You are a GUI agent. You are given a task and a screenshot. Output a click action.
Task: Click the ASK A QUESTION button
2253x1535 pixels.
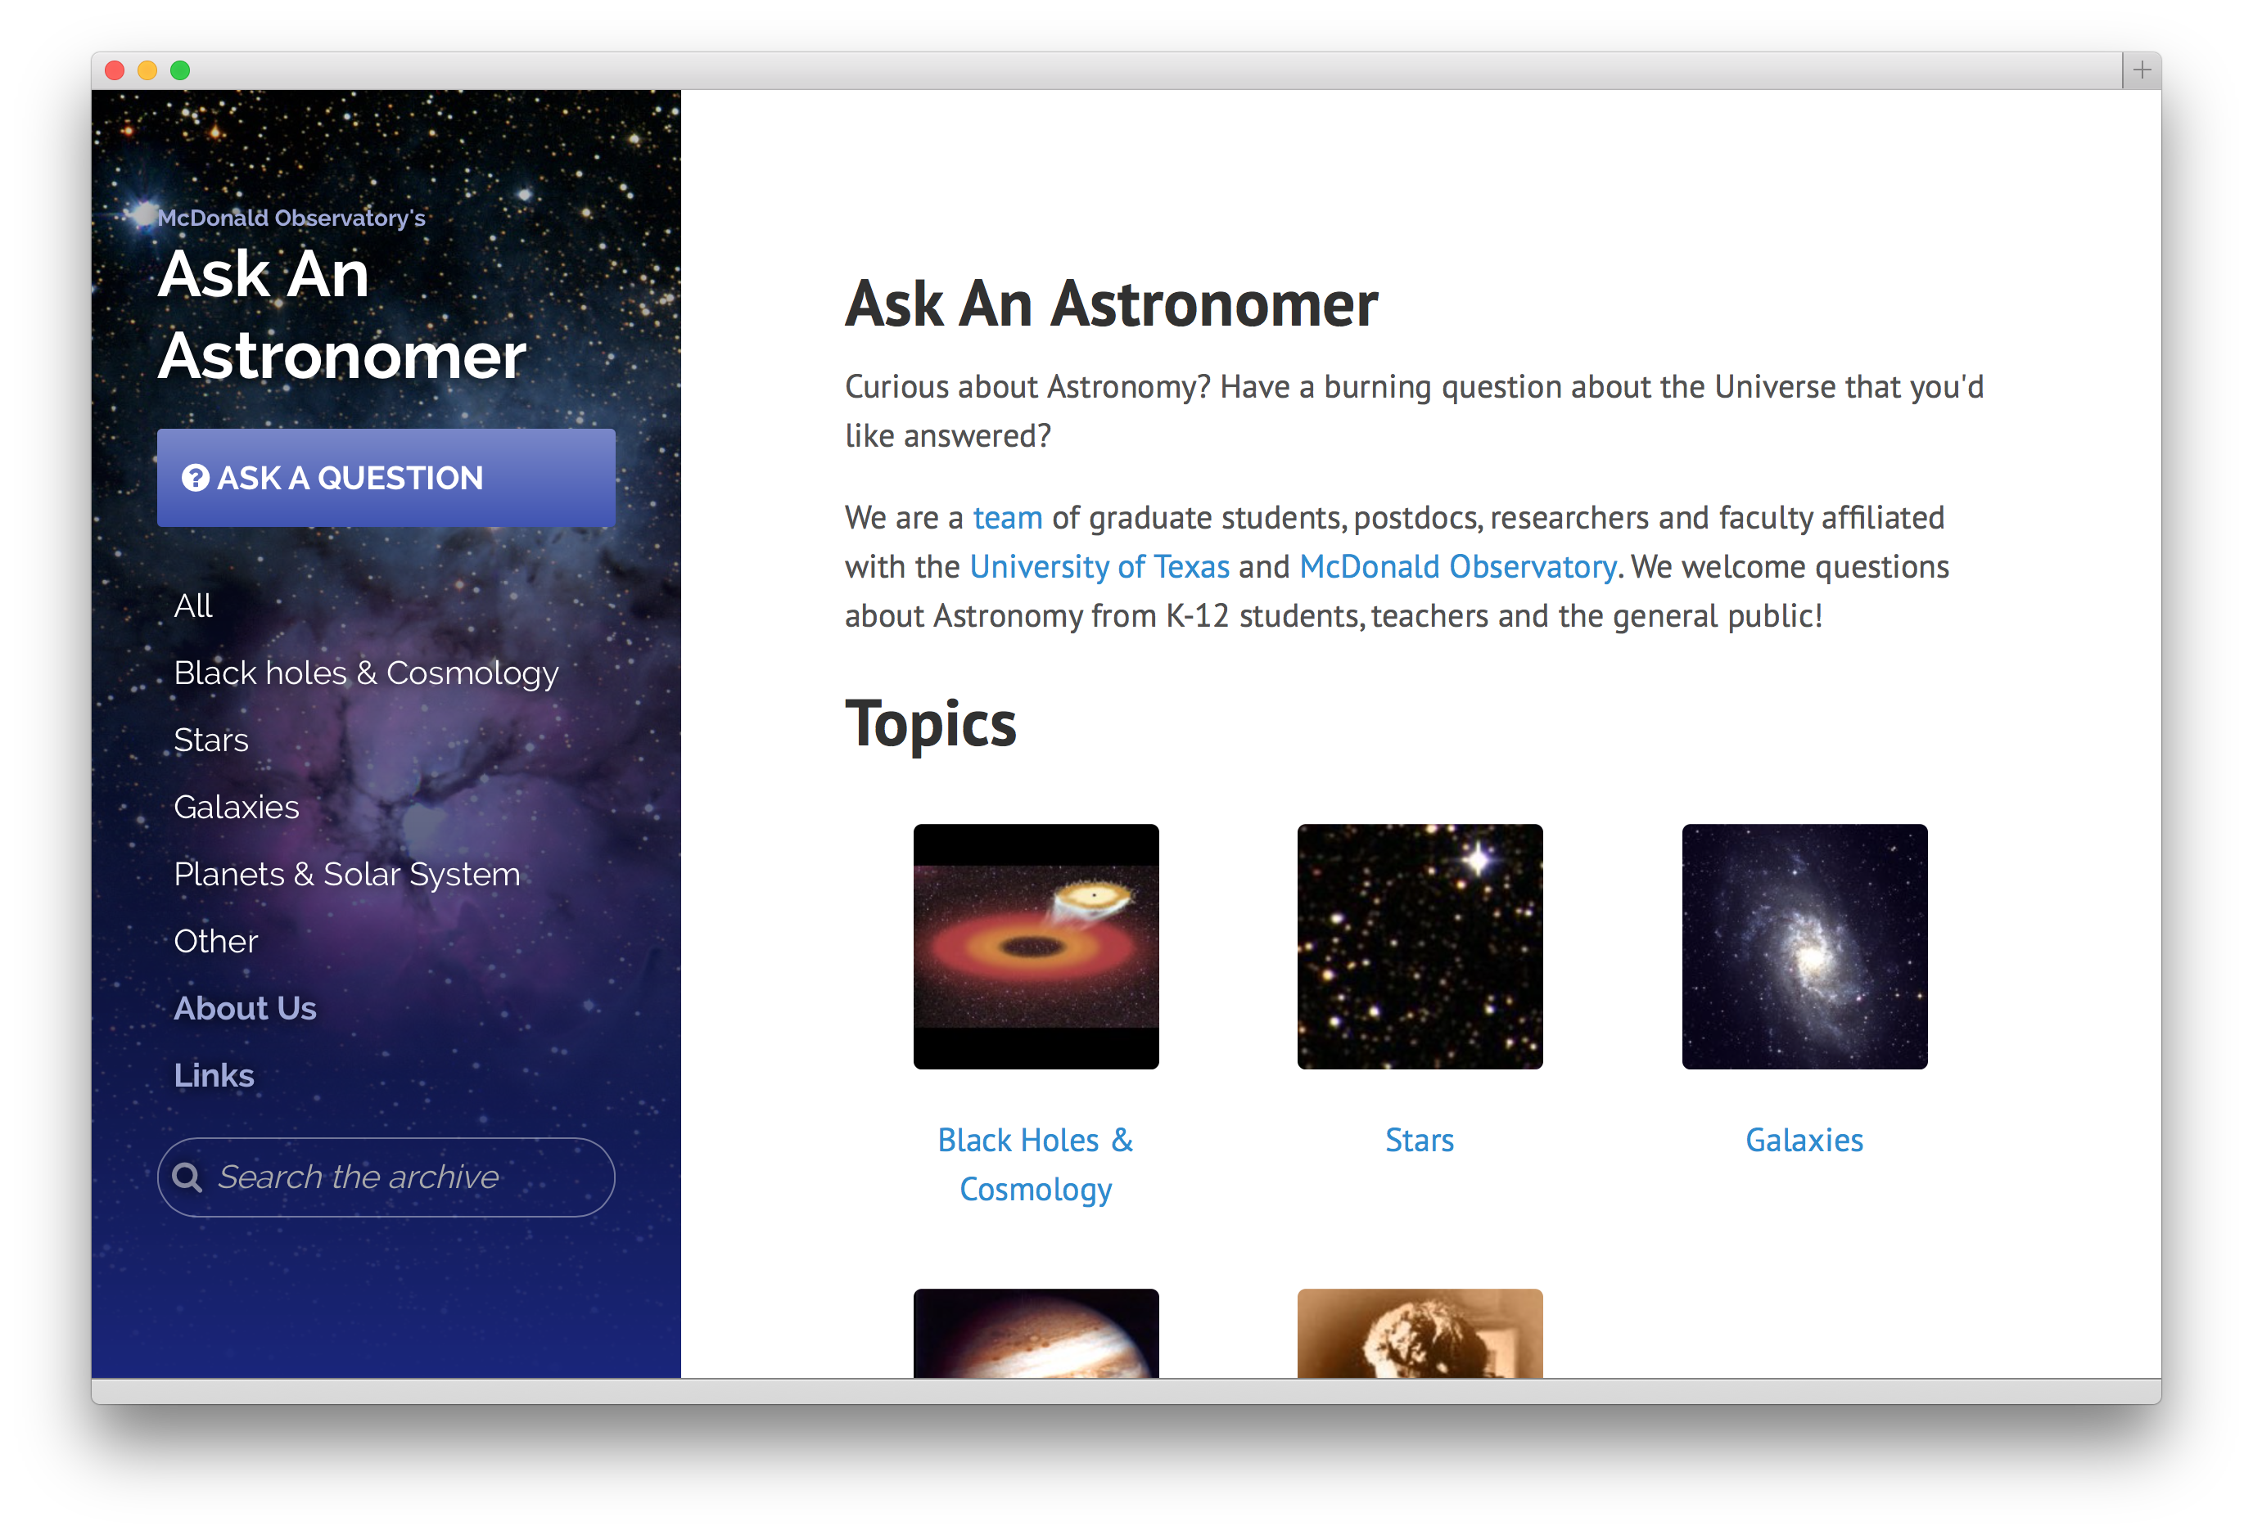click(386, 478)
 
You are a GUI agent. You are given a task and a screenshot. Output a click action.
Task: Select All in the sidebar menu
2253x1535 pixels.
click(193, 605)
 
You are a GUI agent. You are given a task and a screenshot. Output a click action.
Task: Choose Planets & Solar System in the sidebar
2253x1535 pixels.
click(347, 874)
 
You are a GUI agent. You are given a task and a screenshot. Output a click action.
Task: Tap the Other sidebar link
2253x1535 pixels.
click(216, 941)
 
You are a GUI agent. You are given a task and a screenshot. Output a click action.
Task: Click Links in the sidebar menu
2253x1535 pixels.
click(214, 1076)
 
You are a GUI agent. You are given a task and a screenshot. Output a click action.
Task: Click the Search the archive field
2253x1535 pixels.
click(386, 1177)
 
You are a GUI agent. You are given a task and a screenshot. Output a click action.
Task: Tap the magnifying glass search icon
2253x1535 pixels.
click(187, 1177)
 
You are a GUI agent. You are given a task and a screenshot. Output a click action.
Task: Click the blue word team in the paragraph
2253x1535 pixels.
click(1007, 517)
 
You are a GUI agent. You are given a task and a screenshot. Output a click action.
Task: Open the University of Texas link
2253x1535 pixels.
click(1099, 567)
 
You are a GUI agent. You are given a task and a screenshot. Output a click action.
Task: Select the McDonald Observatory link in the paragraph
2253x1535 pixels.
click(1457, 567)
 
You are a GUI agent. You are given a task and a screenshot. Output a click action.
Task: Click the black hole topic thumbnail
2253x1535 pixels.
click(1036, 947)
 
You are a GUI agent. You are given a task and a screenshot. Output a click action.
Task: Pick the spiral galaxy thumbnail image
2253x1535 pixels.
click(1804, 947)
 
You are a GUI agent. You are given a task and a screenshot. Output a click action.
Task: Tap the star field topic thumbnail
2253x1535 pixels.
click(1420, 947)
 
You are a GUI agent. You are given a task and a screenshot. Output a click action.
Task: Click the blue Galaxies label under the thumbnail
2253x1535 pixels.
click(1804, 1140)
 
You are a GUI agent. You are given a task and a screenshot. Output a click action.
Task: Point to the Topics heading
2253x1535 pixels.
click(931, 725)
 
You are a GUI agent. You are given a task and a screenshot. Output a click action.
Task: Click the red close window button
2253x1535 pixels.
click(115, 70)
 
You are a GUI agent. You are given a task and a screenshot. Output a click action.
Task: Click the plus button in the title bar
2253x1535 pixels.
click(2142, 70)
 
